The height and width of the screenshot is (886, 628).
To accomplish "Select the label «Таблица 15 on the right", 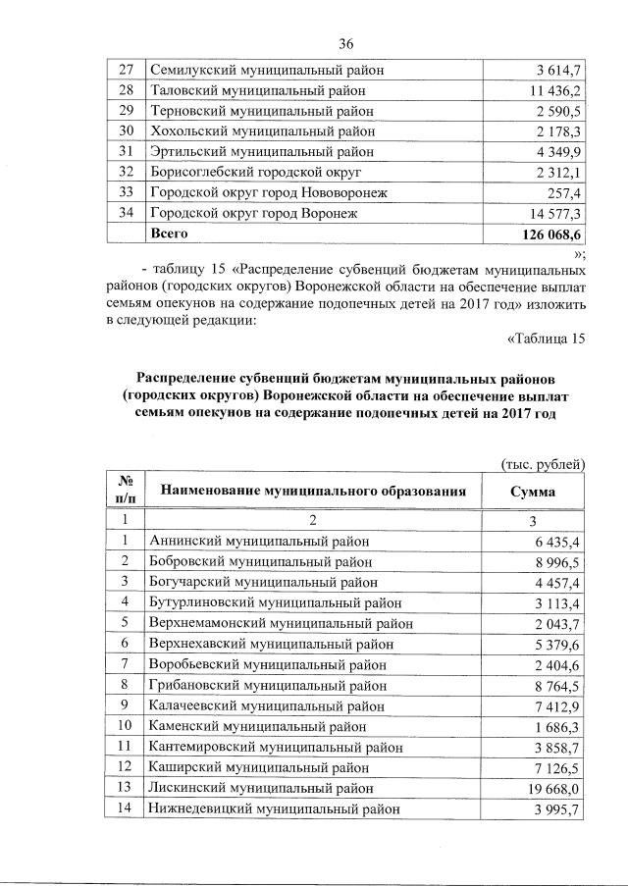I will [x=545, y=339].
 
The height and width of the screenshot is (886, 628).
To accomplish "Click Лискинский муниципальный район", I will [x=260, y=788].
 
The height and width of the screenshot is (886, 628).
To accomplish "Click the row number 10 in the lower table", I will [x=125, y=726].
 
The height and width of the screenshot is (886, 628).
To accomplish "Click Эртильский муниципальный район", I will [x=261, y=152].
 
